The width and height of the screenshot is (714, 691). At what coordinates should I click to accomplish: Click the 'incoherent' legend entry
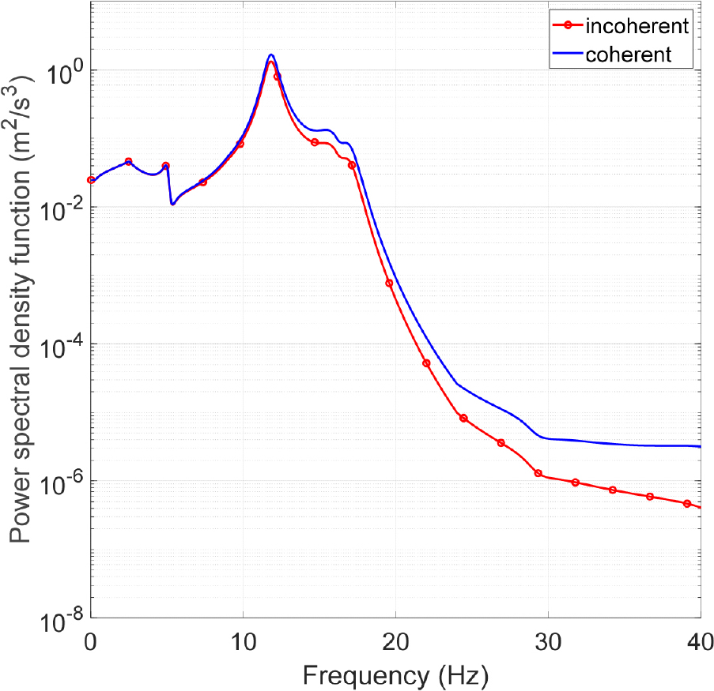pyautogui.click(x=637, y=26)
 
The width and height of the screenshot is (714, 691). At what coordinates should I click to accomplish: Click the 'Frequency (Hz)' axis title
pyautogui.click(x=395, y=675)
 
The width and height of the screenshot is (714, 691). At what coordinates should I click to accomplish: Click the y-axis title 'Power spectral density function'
pyautogui.click(x=22, y=308)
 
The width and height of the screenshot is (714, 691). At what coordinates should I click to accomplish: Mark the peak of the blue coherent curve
pyautogui.click(x=271, y=54)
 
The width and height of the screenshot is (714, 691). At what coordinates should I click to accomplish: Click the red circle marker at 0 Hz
pyautogui.click(x=91, y=180)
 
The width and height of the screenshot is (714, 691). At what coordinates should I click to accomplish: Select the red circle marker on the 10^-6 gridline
pyautogui.click(x=538, y=473)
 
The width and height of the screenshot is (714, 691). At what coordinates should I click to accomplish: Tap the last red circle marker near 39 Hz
pyautogui.click(x=687, y=503)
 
